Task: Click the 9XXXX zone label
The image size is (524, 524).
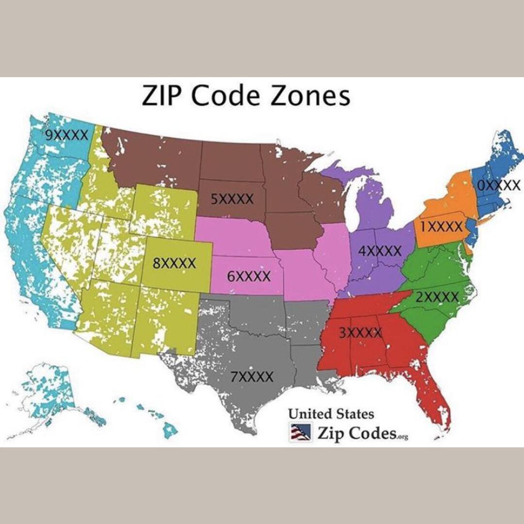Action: (66, 135)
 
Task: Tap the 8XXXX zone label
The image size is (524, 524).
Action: (174, 263)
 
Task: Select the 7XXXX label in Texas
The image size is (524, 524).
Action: (251, 377)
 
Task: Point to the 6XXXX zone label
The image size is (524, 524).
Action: (249, 277)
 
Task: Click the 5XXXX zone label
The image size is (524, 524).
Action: (232, 198)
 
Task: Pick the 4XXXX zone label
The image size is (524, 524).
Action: (379, 251)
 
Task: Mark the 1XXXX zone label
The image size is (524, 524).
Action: (441, 226)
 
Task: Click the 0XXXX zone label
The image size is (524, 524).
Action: (499, 185)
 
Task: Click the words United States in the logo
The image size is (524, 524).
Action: (331, 414)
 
